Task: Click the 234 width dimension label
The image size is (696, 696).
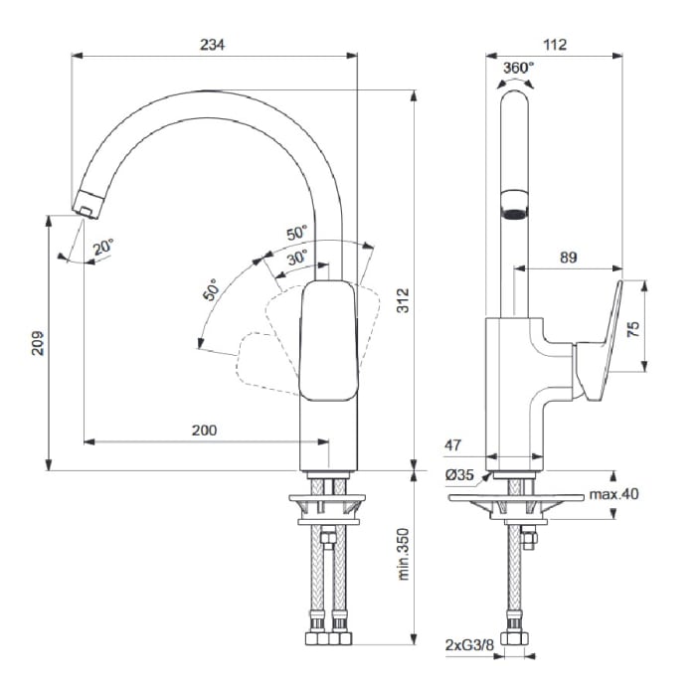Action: click(213, 44)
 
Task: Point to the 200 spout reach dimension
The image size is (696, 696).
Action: click(203, 430)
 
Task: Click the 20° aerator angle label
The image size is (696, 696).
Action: click(103, 245)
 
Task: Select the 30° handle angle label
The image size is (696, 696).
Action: click(297, 255)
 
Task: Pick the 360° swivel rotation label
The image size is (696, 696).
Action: click(517, 68)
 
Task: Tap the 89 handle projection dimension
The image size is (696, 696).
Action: click(568, 258)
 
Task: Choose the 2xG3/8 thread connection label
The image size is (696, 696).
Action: click(467, 645)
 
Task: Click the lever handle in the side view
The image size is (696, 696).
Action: click(601, 343)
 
